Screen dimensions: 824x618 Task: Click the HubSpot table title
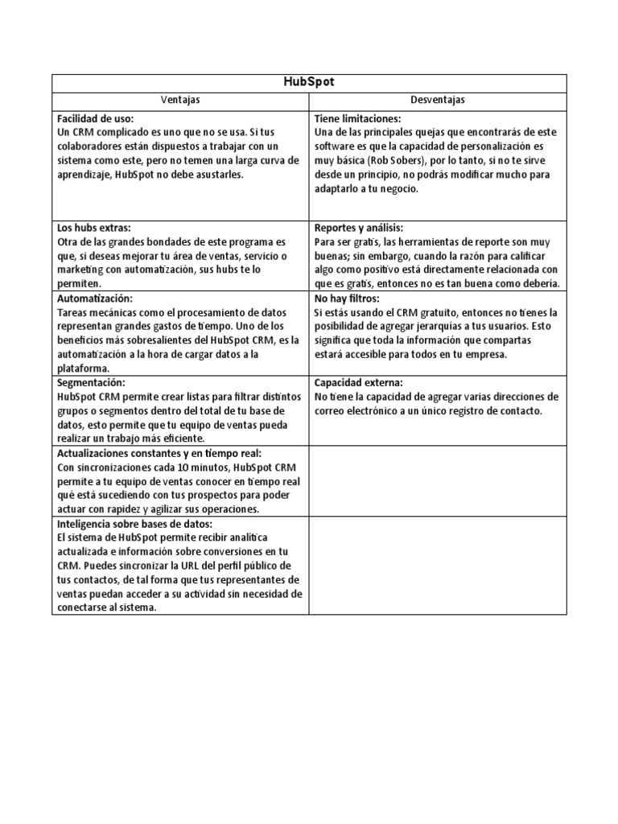309,83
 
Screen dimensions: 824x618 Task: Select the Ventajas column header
180,100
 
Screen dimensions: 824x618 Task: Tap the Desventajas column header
438,100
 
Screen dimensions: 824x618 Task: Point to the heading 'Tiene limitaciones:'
357,118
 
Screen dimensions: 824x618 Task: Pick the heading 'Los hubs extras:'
93,228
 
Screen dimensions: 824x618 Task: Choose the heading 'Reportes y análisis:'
359,228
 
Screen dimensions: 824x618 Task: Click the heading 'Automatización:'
93,298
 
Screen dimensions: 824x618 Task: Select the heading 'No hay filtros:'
347,298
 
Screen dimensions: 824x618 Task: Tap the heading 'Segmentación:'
91,382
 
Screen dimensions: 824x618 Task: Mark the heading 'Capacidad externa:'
359,382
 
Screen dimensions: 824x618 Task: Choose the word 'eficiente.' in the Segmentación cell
182,439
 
